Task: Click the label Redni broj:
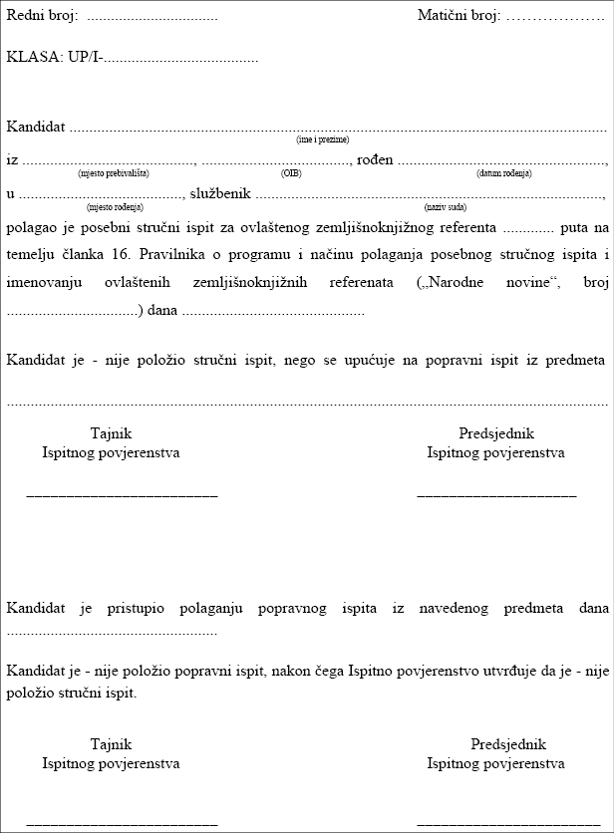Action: tap(42, 17)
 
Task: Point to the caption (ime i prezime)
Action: tap(323, 139)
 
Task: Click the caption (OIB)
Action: tap(291, 173)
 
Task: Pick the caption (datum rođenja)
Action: tap(504, 173)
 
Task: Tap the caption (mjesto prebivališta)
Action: tap(114, 173)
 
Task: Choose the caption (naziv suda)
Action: tap(445, 207)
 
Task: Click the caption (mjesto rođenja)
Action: tap(115, 207)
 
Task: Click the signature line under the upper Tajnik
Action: tap(122, 494)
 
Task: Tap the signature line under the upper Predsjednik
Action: tap(496, 494)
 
